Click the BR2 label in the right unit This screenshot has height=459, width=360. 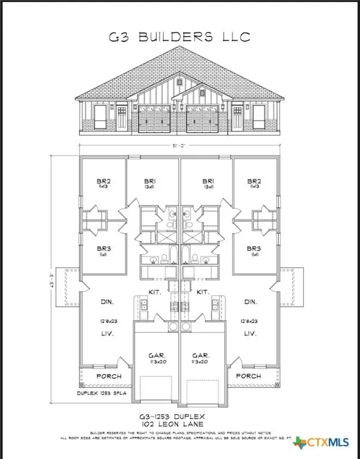(254, 180)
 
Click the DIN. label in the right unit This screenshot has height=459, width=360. (251, 302)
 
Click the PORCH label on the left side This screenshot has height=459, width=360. (108, 376)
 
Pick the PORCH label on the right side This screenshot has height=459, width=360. (248, 376)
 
